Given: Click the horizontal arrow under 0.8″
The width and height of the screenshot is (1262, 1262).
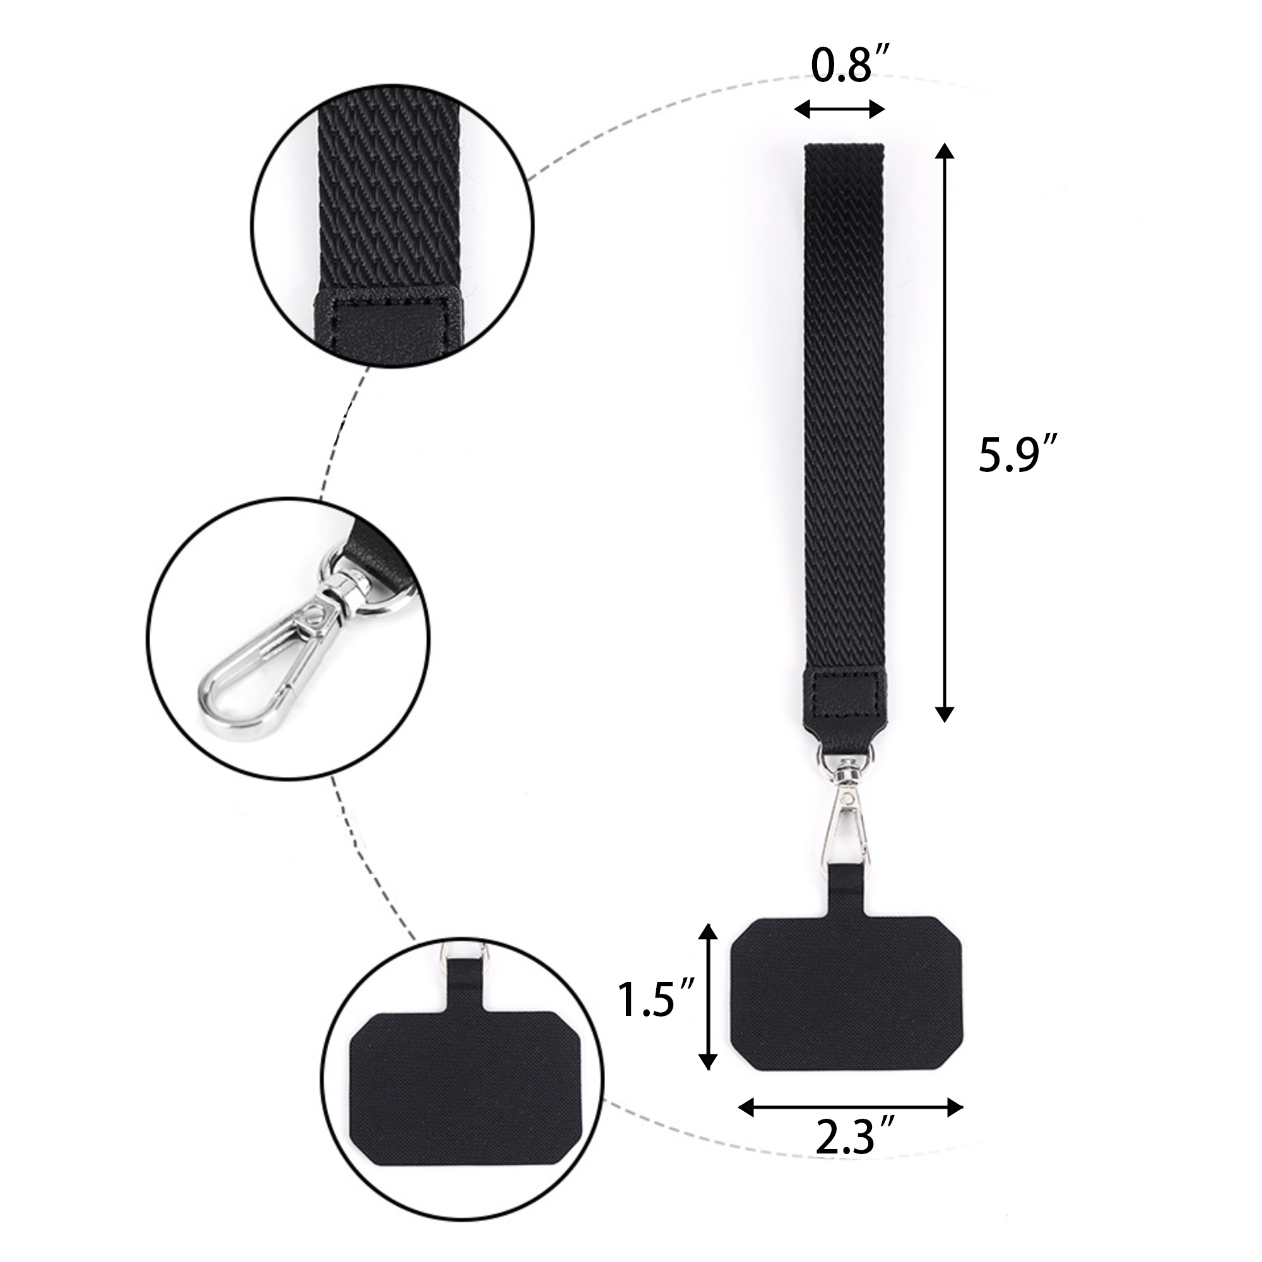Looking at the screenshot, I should (839, 110).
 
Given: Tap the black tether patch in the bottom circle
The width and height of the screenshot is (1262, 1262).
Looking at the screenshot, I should (464, 1078).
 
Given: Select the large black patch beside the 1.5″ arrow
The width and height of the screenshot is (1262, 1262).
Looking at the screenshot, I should (847, 996).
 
